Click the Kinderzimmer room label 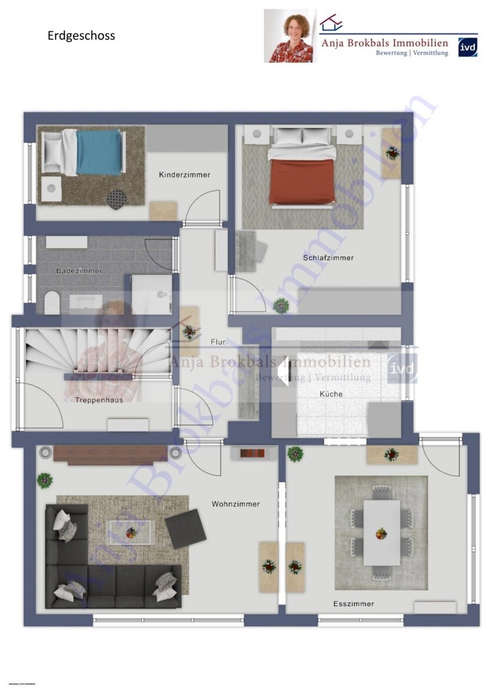tap(184, 175)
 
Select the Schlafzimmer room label tap(328, 258)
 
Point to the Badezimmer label tap(79, 271)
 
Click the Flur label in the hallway tap(218, 342)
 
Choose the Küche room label tap(331, 394)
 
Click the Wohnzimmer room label tap(235, 504)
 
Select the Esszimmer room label tap(353, 604)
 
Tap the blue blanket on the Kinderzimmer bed tap(98, 152)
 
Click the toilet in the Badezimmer tap(52, 304)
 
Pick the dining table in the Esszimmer tap(381, 532)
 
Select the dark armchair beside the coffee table tap(185, 529)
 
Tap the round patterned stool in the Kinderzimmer tap(117, 198)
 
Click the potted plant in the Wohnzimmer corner tap(45, 479)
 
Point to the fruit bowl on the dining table tap(381, 534)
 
